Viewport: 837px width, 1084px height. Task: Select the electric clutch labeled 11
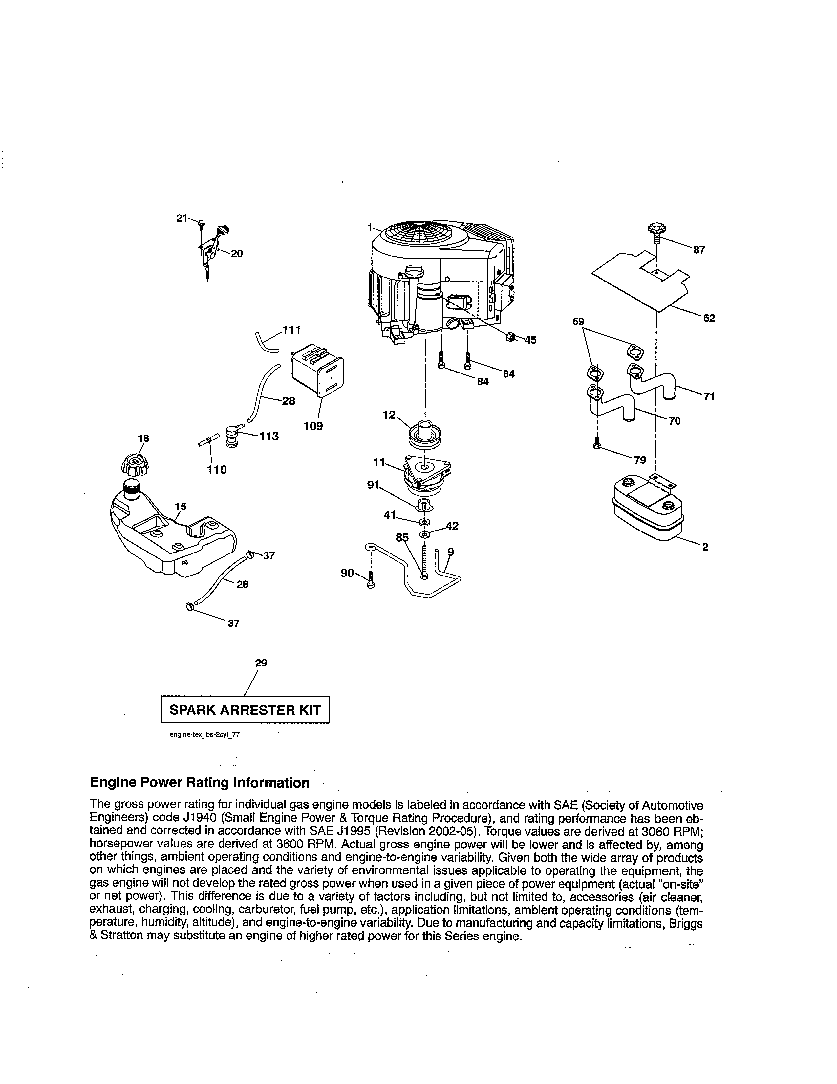(427, 472)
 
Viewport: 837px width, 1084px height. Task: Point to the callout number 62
(709, 318)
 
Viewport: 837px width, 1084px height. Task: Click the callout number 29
(261, 663)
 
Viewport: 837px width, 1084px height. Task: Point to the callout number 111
(291, 329)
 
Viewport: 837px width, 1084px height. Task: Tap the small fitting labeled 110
(209, 440)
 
